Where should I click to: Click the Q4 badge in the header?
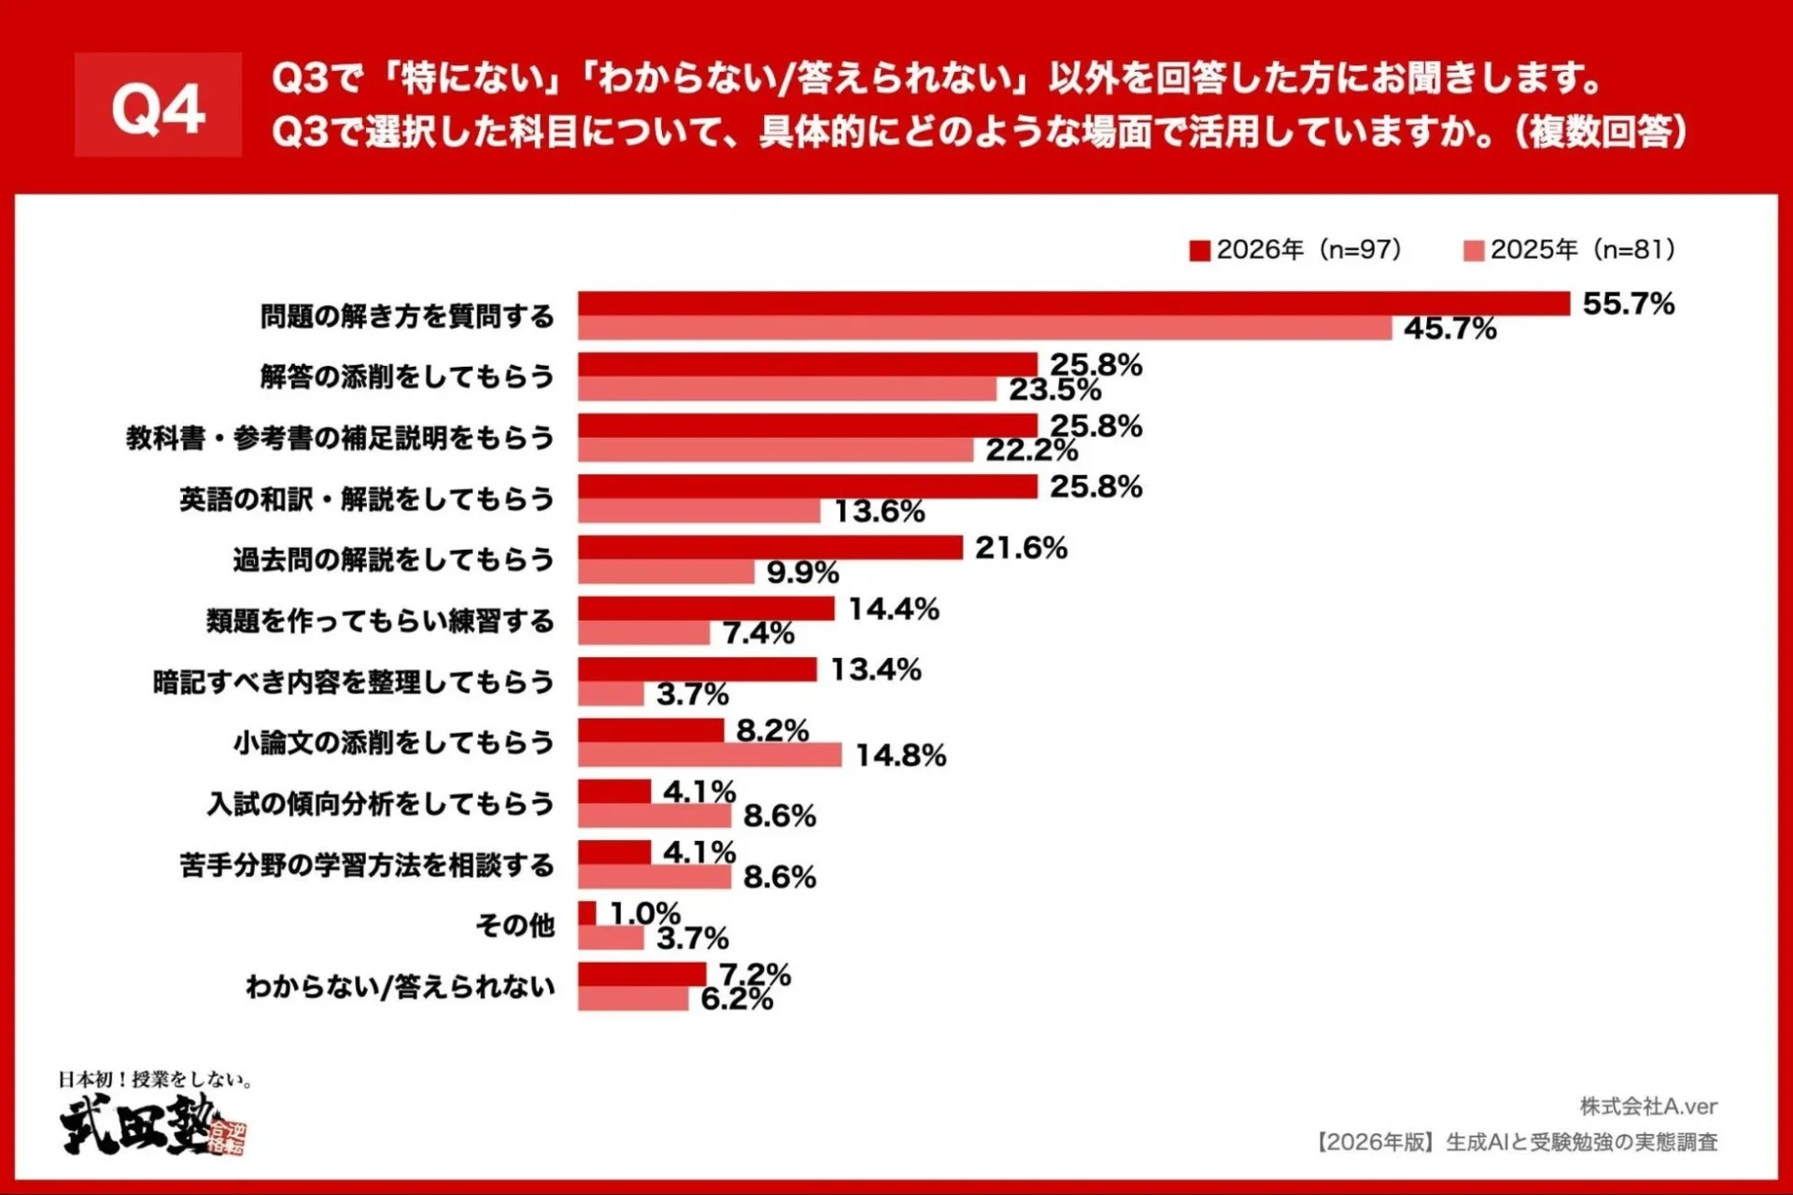[x=158, y=105]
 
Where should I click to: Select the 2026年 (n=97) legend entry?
[x=1296, y=250]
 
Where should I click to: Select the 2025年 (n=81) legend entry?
[x=1570, y=250]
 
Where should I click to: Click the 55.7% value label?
[x=1628, y=303]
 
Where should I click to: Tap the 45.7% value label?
[x=1449, y=329]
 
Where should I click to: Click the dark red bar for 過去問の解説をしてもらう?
[x=769, y=547]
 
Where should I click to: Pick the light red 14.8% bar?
[x=710, y=754]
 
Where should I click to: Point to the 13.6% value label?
[x=879, y=512]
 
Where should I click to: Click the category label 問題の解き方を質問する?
[x=407, y=316]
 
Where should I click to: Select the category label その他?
[x=515, y=925]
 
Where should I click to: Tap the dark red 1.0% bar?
[x=586, y=913]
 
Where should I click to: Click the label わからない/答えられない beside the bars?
[x=401, y=987]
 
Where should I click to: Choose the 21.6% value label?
[x=1021, y=548]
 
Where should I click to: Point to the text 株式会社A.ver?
[x=1648, y=1106]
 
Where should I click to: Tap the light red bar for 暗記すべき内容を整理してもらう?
[x=611, y=694]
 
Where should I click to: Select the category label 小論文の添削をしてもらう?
[x=394, y=743]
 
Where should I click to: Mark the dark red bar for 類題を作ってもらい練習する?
[x=706, y=609]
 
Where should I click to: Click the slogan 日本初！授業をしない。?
[x=156, y=1079]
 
